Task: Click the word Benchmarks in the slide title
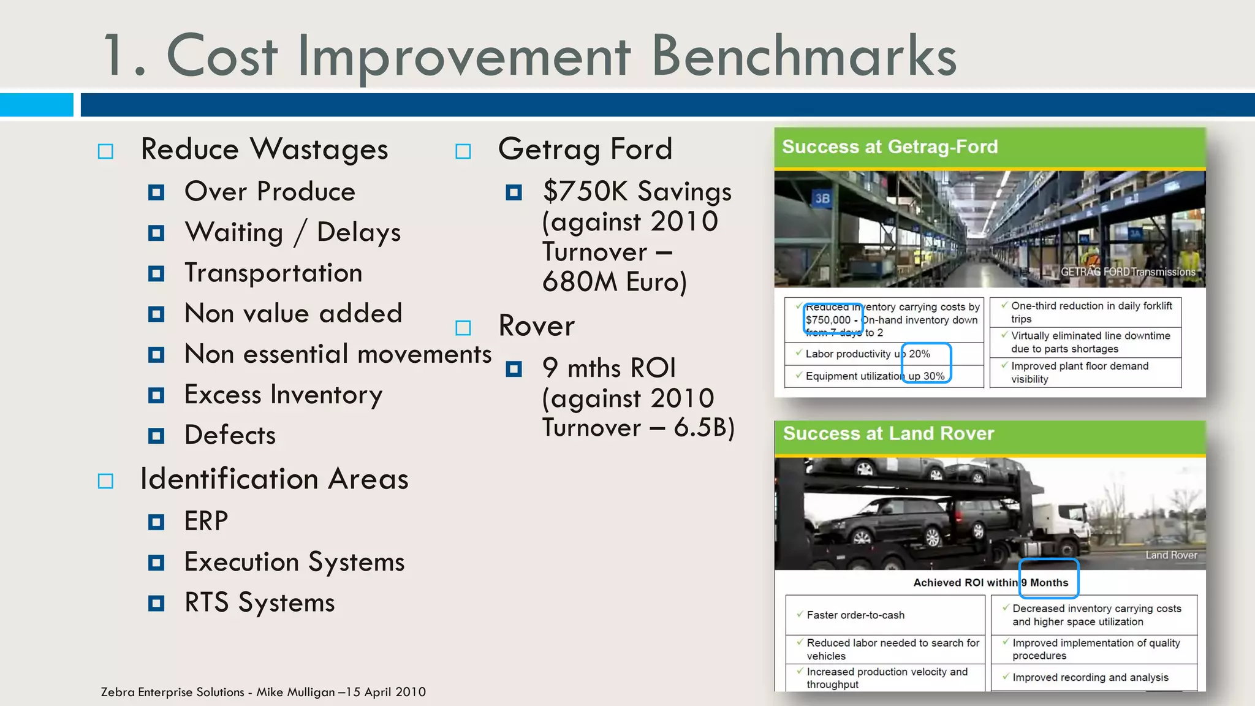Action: (803, 56)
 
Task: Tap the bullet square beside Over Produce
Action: (156, 193)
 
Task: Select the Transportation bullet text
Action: (273, 273)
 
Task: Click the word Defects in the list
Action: (230, 435)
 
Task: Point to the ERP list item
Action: (207, 522)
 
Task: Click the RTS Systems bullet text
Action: (260, 603)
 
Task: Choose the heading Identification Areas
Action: (274, 479)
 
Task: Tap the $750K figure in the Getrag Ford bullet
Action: (585, 192)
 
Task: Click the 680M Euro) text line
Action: (615, 283)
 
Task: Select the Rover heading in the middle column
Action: (537, 326)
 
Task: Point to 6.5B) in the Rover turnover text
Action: (704, 428)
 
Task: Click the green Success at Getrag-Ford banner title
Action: (890, 147)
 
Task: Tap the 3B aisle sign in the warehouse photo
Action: (822, 199)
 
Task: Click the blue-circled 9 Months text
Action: (1048, 582)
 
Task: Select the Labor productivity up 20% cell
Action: (867, 354)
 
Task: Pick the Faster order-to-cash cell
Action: (855, 615)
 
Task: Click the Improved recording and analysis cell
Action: (1090, 678)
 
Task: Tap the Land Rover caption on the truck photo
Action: (1171, 555)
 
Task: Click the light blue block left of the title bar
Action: (36, 105)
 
